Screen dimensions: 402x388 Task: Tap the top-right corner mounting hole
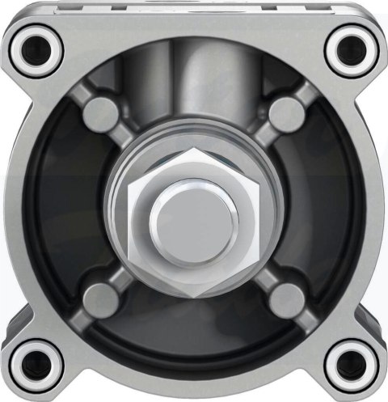pos(352,48)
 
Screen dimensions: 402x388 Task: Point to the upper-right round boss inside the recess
pos(285,112)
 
